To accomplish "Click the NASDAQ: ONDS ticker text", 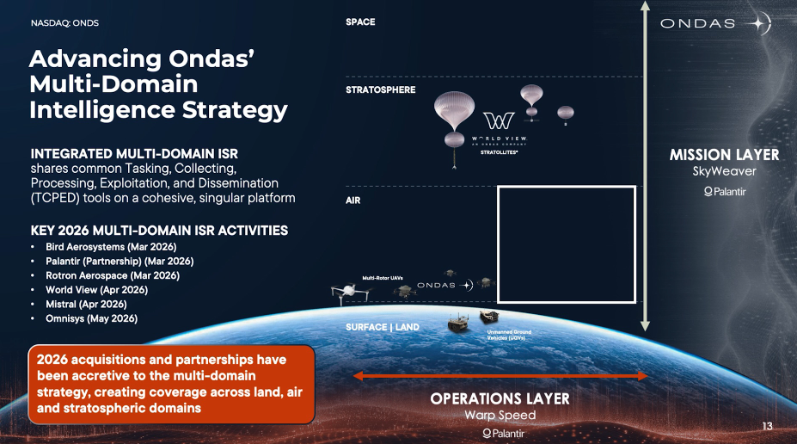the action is click(64, 23).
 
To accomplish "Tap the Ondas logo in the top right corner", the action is click(715, 23).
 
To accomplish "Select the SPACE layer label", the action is click(360, 22).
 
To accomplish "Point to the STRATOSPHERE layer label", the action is click(381, 89).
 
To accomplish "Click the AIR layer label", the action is click(353, 200).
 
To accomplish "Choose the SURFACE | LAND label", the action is click(383, 327).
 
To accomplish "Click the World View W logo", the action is click(499, 120).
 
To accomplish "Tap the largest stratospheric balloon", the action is click(454, 109).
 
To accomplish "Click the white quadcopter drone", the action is click(350, 293).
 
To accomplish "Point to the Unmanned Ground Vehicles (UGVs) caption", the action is click(509, 335).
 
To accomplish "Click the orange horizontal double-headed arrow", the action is click(500, 376).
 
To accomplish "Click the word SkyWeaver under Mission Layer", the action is click(724, 171).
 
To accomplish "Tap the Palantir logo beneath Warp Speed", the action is click(503, 434).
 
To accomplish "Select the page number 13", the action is click(767, 426).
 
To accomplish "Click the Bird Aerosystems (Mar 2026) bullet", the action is click(111, 247).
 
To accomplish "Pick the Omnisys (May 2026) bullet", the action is click(91, 318).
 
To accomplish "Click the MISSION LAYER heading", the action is click(724, 155).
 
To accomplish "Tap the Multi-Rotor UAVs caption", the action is click(383, 278).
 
